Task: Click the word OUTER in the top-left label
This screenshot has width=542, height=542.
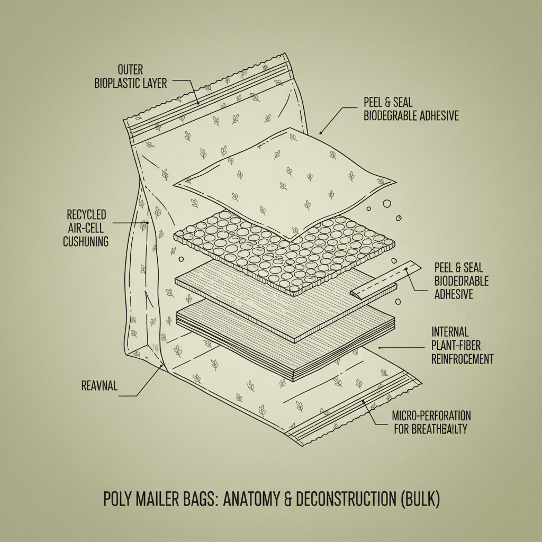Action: (131, 70)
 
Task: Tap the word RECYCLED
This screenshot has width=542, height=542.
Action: (86, 215)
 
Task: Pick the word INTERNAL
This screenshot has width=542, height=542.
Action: (450, 332)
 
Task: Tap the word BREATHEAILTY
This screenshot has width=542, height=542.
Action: (444, 429)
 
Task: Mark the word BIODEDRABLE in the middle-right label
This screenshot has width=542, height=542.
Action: (461, 281)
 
